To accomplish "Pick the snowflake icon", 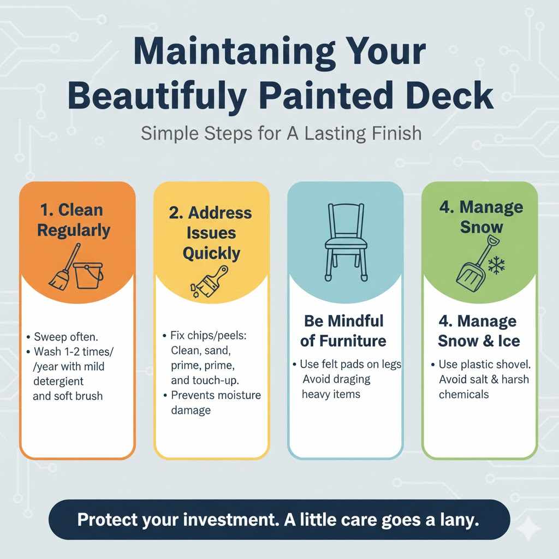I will pos(496,266).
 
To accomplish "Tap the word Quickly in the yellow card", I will pos(211,253).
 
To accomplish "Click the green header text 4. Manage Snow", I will pos(481,216).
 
